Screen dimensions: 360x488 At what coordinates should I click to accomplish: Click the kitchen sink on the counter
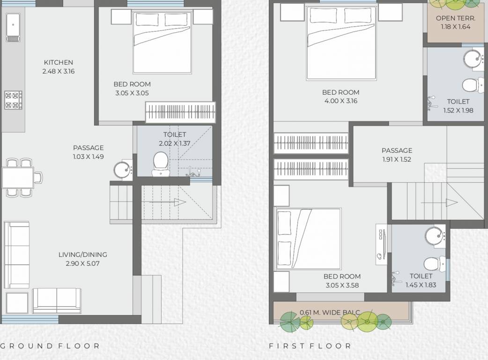point(12,27)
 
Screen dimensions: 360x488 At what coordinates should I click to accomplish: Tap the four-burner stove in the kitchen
point(13,100)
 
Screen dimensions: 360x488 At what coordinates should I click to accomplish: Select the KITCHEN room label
point(59,62)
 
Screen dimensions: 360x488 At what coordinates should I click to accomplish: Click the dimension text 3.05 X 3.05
point(132,93)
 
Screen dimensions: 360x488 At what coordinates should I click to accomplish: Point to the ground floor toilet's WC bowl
point(160,161)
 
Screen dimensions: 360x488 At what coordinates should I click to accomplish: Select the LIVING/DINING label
point(82,255)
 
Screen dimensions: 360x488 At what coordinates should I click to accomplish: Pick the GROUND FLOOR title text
point(50,346)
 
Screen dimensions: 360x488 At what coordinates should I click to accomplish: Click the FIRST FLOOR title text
point(310,346)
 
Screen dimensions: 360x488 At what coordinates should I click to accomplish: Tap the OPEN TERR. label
point(455,18)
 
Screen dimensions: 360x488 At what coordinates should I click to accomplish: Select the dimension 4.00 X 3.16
point(340,101)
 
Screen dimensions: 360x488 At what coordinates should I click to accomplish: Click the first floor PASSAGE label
point(397,150)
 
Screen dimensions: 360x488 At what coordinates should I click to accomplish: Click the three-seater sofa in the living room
point(16,255)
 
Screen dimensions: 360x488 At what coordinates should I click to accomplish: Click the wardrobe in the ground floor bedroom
point(180,113)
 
